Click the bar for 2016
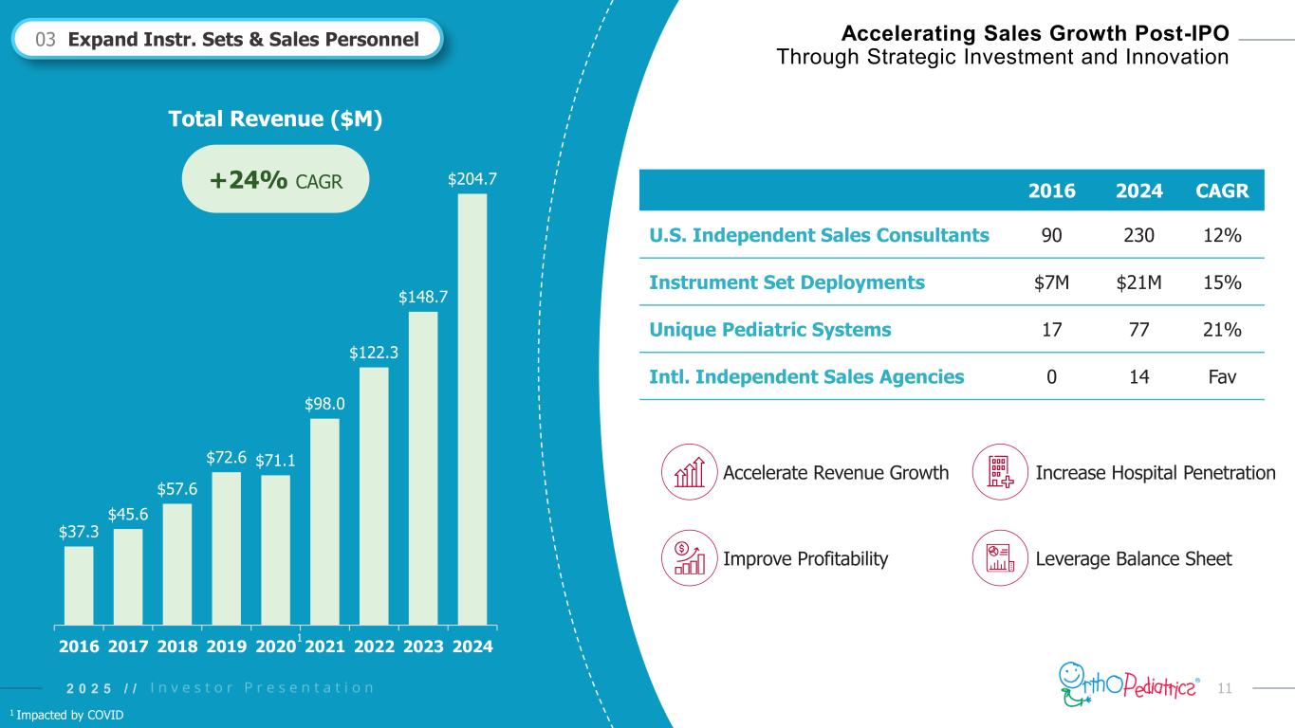click(x=79, y=585)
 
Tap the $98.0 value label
click(x=324, y=404)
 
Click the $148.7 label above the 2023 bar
click(x=423, y=297)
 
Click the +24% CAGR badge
click(x=274, y=179)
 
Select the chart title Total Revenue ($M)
click(x=274, y=119)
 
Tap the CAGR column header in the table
click(x=1217, y=190)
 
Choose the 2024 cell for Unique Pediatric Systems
click(x=1139, y=329)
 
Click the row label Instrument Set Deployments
click(x=786, y=282)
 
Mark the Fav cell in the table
click(x=1217, y=376)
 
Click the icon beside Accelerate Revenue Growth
click(x=689, y=472)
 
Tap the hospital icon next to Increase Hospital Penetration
click(x=1001, y=472)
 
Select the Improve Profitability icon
click(x=689, y=557)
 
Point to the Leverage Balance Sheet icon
click(x=1001, y=557)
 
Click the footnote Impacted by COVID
click(x=66, y=714)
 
